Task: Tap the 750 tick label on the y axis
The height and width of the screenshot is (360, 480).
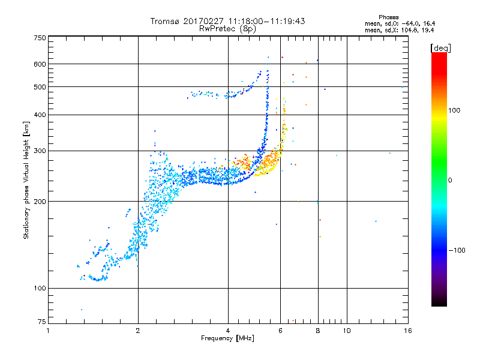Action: [x=40, y=38]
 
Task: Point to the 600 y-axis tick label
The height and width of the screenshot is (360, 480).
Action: [x=40, y=64]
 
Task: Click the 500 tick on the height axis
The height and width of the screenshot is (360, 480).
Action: [x=40, y=86]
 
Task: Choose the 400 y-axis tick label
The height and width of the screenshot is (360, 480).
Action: [x=40, y=115]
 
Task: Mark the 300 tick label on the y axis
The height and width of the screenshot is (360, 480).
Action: [x=40, y=151]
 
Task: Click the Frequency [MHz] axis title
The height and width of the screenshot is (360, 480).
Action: [x=228, y=338]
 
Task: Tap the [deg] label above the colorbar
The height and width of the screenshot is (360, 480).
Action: [x=440, y=47]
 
